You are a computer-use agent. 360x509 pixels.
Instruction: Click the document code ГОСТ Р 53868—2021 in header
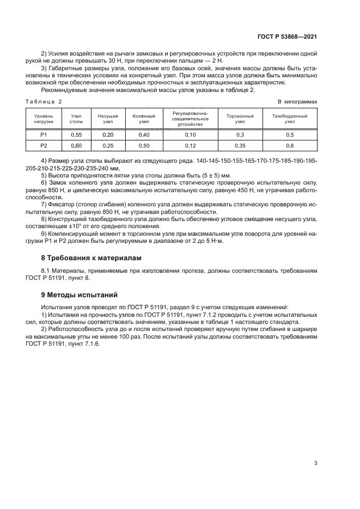coord(286,36)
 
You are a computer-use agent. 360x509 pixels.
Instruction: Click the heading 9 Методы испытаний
coord(80,295)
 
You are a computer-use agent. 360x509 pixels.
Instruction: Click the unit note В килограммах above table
coord(297,101)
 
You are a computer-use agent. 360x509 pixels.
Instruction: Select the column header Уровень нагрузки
coord(44,119)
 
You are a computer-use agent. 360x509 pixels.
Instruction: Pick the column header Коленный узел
coord(144,119)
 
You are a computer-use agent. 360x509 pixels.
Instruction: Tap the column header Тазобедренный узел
coord(289,119)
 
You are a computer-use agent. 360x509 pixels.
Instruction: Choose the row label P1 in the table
coord(44,135)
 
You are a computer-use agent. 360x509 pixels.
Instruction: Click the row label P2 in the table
coord(44,146)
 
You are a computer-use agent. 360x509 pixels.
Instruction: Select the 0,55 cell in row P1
coord(76,135)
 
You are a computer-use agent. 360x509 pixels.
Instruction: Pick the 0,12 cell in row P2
coord(190,146)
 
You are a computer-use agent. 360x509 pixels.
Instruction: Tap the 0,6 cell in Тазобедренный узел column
coord(289,146)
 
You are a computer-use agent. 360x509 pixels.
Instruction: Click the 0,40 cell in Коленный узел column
coord(144,135)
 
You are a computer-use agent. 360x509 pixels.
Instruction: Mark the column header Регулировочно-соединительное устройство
coord(190,119)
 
